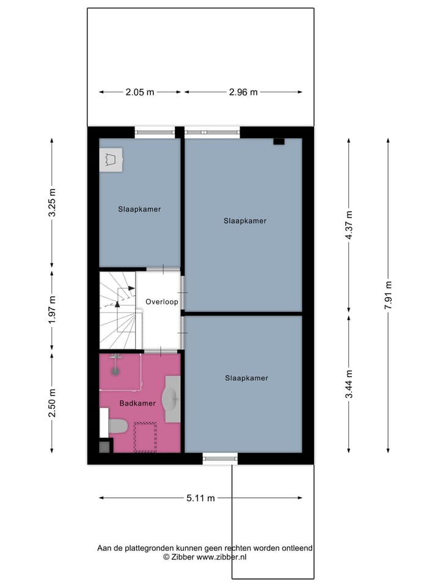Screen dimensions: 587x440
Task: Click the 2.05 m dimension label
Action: point(140,92)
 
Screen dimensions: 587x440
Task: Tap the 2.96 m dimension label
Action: point(243,92)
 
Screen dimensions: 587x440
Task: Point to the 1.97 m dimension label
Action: point(52,309)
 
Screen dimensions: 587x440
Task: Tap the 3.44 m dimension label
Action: point(349,384)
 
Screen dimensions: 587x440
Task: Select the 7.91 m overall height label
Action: point(388,295)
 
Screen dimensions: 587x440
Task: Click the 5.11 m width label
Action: point(200,498)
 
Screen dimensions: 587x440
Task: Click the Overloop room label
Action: point(161,302)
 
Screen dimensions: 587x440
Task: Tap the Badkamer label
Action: point(136,403)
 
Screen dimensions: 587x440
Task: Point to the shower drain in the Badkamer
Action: point(115,369)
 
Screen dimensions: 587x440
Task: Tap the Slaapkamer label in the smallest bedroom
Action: point(139,209)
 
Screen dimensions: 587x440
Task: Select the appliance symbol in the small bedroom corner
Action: point(111,161)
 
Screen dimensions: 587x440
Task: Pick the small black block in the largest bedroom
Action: point(279,141)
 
